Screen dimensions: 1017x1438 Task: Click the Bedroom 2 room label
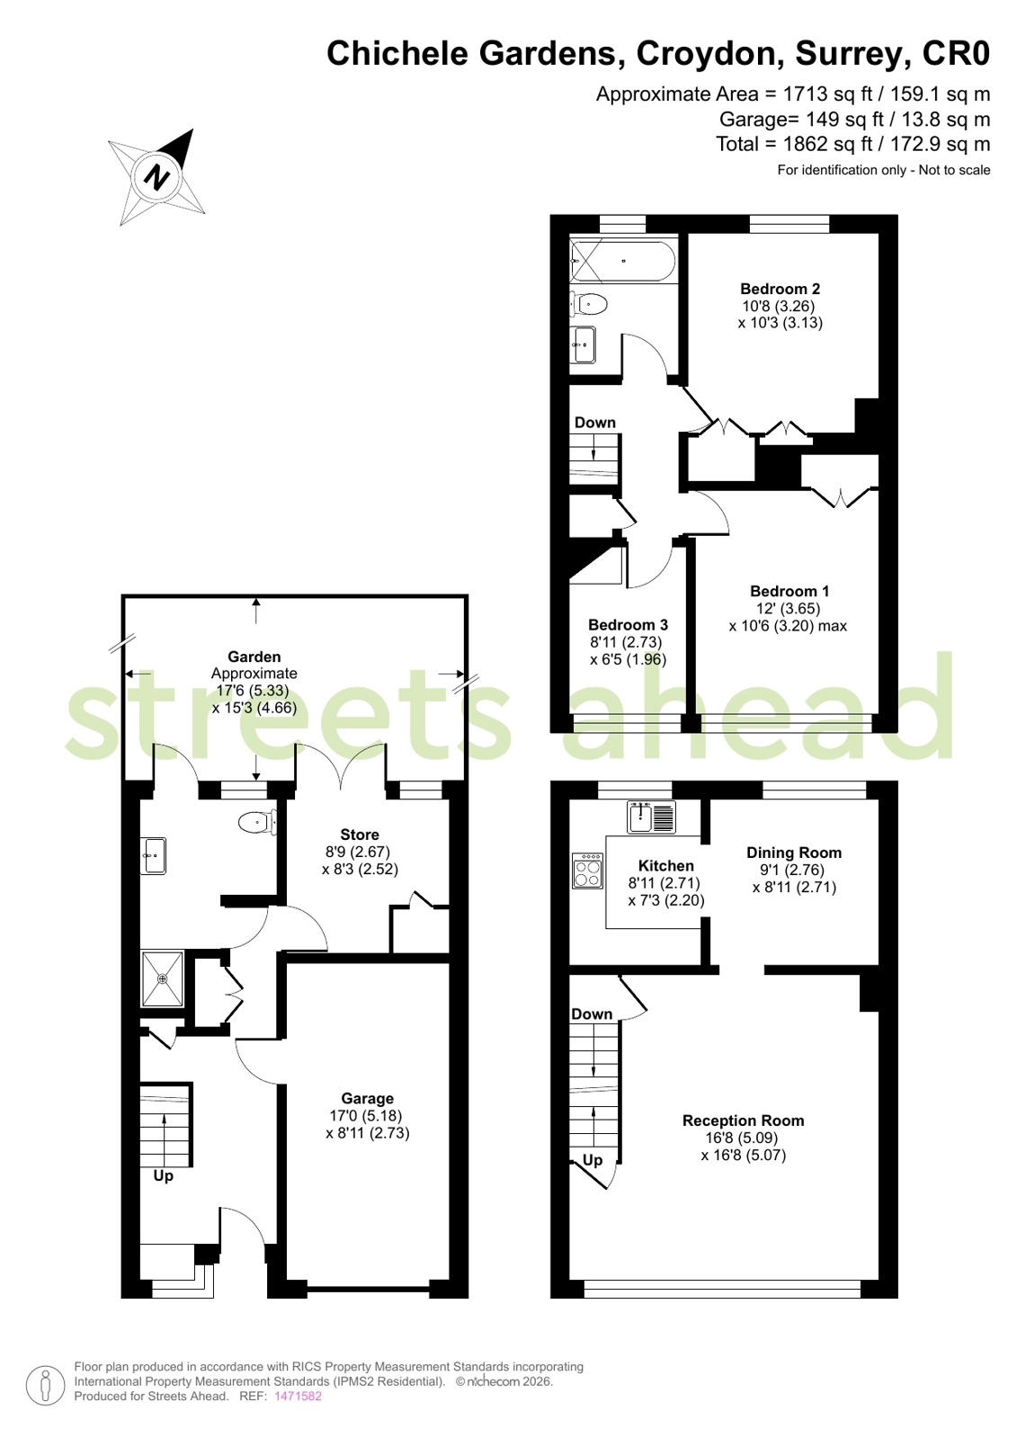point(780,289)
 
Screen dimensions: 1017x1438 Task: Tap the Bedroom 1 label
point(790,591)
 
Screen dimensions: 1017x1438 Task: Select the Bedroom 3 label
point(628,625)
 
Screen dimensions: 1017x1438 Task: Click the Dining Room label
point(794,853)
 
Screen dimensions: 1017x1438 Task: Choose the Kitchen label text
point(665,865)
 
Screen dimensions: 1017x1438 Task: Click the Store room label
point(360,835)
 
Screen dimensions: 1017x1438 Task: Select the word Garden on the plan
point(254,656)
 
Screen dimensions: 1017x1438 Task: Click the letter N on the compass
point(156,176)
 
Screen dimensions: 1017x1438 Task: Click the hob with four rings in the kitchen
point(587,871)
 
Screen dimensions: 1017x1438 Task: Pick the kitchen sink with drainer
point(651,817)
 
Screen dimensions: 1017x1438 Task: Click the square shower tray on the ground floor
point(163,979)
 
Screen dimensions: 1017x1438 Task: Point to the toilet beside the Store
point(257,822)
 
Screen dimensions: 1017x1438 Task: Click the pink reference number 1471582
point(298,1397)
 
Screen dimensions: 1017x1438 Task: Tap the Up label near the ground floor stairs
point(163,1176)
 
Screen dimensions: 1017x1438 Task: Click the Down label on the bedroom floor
point(594,423)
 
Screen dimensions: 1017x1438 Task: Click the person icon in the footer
point(46,1385)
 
